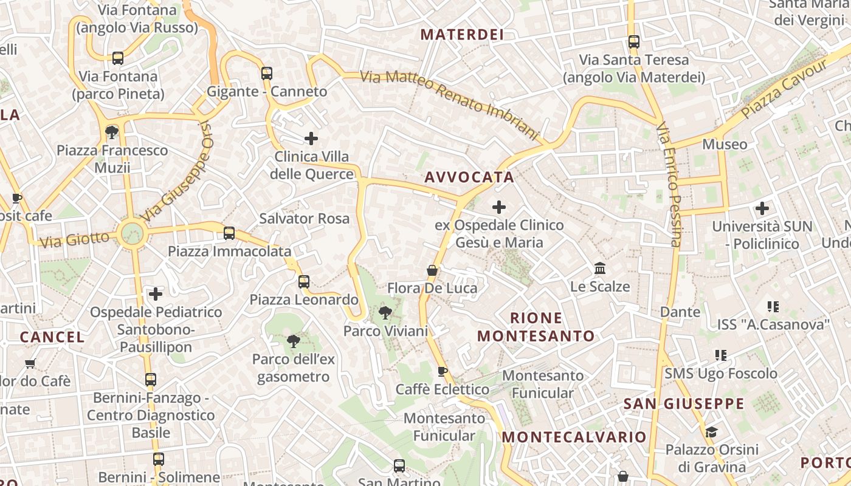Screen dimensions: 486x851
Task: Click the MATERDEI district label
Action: point(462,35)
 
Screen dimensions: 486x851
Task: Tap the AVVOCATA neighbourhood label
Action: point(469,177)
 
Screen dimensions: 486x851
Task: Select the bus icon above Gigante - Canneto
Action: point(267,74)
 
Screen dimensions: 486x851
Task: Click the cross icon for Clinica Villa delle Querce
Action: point(311,139)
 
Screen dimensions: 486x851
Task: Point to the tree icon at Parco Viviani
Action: point(385,313)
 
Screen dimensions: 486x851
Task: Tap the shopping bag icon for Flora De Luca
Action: point(432,270)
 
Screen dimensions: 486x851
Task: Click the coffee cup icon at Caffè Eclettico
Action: point(443,371)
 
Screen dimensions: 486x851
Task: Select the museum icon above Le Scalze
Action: point(600,268)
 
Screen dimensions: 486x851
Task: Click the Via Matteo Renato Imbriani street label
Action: point(450,105)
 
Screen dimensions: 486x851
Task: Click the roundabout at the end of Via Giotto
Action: point(132,233)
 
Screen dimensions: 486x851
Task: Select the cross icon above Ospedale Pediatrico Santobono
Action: point(156,295)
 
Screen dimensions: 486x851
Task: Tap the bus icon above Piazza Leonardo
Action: point(304,282)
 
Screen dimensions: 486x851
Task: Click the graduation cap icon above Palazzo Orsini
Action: point(711,432)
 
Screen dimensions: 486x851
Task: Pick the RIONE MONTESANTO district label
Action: point(536,327)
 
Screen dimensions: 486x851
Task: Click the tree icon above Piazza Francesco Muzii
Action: point(111,132)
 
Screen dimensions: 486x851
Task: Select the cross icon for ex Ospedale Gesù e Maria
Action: point(499,207)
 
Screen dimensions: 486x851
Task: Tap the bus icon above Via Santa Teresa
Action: point(634,42)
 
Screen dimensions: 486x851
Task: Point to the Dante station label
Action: point(680,312)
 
